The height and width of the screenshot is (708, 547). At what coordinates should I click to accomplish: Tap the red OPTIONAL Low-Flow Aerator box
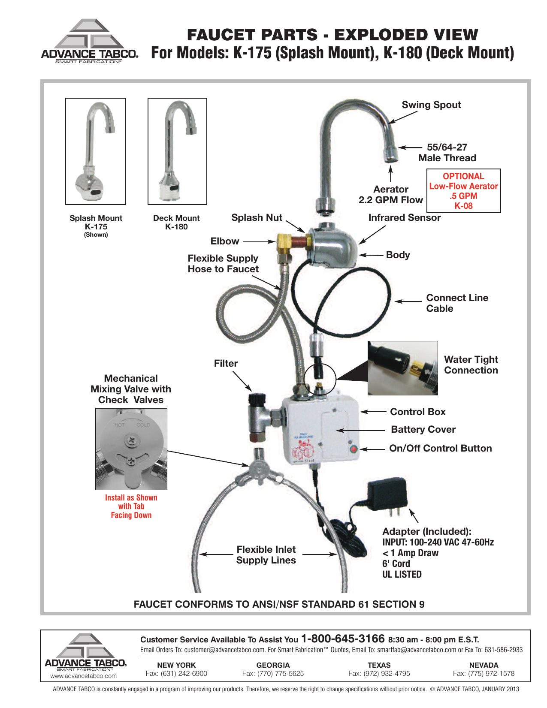[463, 191]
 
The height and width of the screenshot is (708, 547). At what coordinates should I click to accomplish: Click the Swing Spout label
[431, 105]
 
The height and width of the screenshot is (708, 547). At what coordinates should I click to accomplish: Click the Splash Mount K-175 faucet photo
[96, 151]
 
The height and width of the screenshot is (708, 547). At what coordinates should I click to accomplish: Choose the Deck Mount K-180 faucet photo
[177, 151]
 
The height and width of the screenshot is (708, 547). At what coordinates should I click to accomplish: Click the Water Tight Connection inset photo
[402, 368]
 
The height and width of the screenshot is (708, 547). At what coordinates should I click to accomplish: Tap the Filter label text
[226, 364]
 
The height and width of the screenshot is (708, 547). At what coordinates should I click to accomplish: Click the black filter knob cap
[256, 400]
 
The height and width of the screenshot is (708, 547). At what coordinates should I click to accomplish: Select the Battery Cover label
[423, 430]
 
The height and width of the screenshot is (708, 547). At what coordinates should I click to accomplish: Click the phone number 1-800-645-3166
[343, 639]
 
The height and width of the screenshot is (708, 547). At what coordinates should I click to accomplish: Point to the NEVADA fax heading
[484, 665]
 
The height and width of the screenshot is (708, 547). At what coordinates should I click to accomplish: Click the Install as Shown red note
[131, 506]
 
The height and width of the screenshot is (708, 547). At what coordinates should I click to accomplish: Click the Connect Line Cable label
[456, 303]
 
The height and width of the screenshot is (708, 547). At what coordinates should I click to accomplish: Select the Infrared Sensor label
[404, 218]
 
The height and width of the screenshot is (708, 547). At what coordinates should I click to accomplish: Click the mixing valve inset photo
[131, 449]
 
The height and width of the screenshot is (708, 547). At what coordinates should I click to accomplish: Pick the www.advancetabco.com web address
[84, 676]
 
